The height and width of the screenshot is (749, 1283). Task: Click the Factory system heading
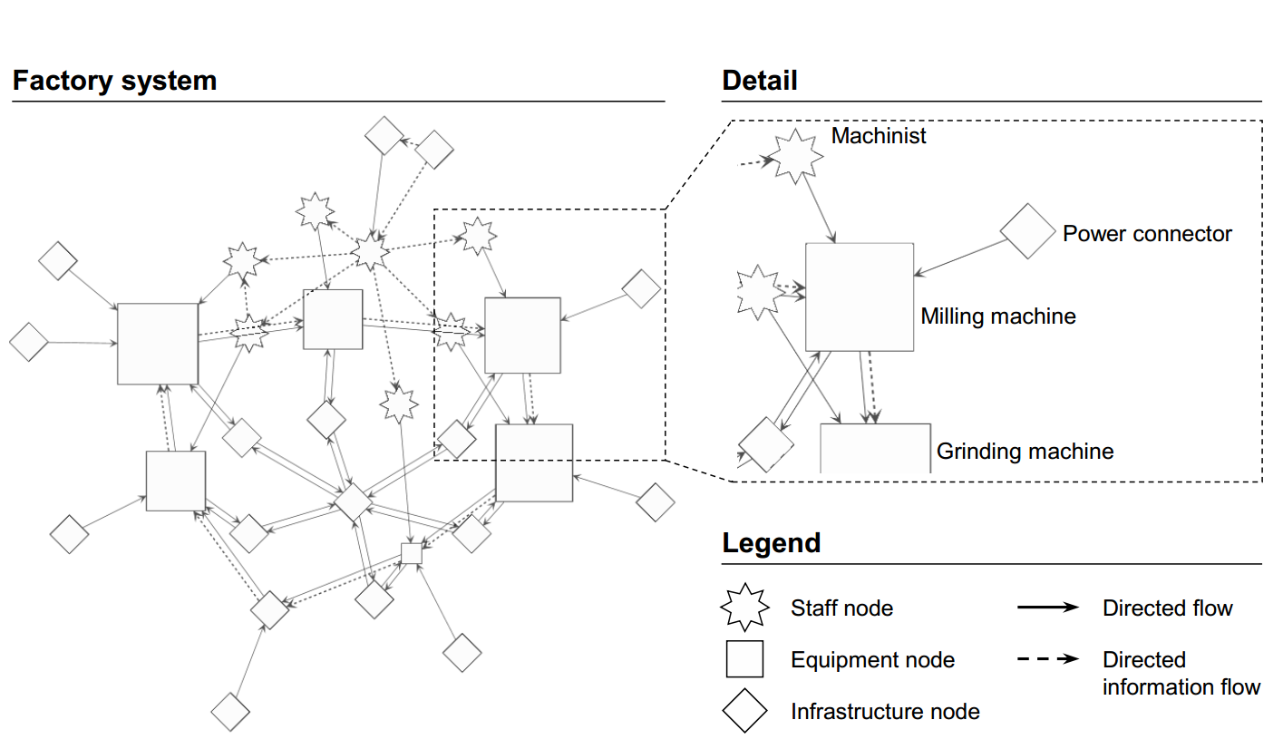[x=115, y=81]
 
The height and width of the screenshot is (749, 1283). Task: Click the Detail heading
[x=760, y=81]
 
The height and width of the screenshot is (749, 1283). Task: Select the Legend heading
[x=771, y=543]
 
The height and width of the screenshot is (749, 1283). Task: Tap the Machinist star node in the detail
[x=797, y=156]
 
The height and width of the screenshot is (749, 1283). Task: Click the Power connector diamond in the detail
[x=1028, y=231]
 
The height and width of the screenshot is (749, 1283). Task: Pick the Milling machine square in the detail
[x=859, y=297]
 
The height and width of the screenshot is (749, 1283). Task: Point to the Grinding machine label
[x=1025, y=451]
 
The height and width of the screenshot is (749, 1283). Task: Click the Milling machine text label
[x=997, y=316]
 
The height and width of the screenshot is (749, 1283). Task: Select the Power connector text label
[x=1147, y=234]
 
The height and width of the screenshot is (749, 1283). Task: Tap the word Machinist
[x=879, y=136]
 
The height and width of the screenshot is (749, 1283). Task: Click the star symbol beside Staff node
[x=744, y=608]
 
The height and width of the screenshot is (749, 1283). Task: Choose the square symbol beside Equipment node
[x=744, y=659]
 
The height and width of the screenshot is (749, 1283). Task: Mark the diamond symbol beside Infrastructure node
[x=744, y=711]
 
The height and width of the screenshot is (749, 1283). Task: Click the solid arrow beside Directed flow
[x=1048, y=608]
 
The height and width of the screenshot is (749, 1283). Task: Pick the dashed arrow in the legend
[x=1048, y=659]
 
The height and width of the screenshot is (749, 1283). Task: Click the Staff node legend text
[x=841, y=608]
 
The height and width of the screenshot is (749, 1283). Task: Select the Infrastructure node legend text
[x=885, y=712]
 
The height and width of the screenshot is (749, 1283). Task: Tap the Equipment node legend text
[x=872, y=659]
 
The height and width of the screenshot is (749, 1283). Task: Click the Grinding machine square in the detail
[x=875, y=448]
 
